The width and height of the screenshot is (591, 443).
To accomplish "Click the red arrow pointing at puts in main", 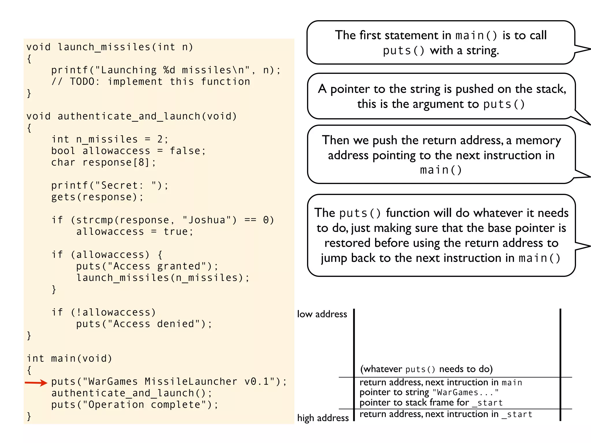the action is click(36, 383).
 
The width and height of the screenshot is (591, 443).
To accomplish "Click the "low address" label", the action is click(322, 314).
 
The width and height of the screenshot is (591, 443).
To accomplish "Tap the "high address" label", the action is click(323, 418).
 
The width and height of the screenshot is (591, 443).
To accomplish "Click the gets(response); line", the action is click(97, 197).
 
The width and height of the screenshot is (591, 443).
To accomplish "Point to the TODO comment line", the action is click(151, 82).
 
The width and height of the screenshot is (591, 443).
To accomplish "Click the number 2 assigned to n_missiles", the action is click(160, 139).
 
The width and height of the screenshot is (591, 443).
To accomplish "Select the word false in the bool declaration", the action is click(185, 151).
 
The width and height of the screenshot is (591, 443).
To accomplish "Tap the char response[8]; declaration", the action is click(103, 162).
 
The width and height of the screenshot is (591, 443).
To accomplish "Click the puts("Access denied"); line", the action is click(144, 324).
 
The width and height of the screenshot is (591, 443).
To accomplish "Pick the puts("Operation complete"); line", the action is click(135, 405).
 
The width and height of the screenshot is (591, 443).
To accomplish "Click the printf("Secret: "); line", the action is click(110, 185).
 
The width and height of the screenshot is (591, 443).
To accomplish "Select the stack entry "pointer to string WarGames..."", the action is click(429, 392).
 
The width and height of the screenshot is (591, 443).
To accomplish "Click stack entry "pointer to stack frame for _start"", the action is click(431, 403).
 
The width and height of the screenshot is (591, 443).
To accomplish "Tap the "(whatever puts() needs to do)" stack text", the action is click(426, 369).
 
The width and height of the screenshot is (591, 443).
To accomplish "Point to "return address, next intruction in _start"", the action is click(446, 414).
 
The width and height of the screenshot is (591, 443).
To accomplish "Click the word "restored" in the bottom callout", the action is click(347, 243).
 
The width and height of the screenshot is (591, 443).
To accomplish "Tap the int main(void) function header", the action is click(69, 358).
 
